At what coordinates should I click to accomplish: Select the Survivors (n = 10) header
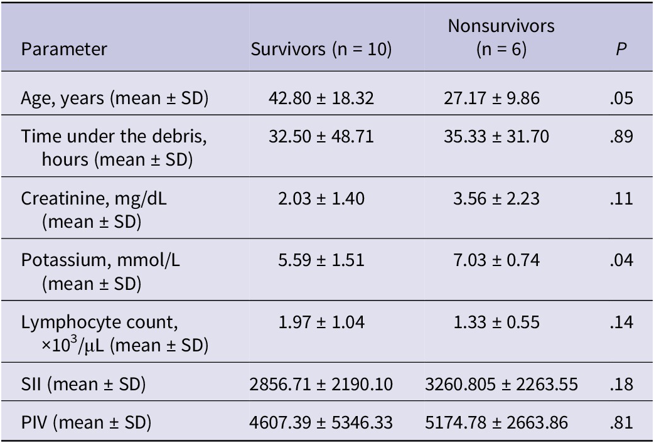[x=321, y=50]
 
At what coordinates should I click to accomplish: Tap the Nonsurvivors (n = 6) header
[x=501, y=38]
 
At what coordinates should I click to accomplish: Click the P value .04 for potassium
[x=621, y=260]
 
